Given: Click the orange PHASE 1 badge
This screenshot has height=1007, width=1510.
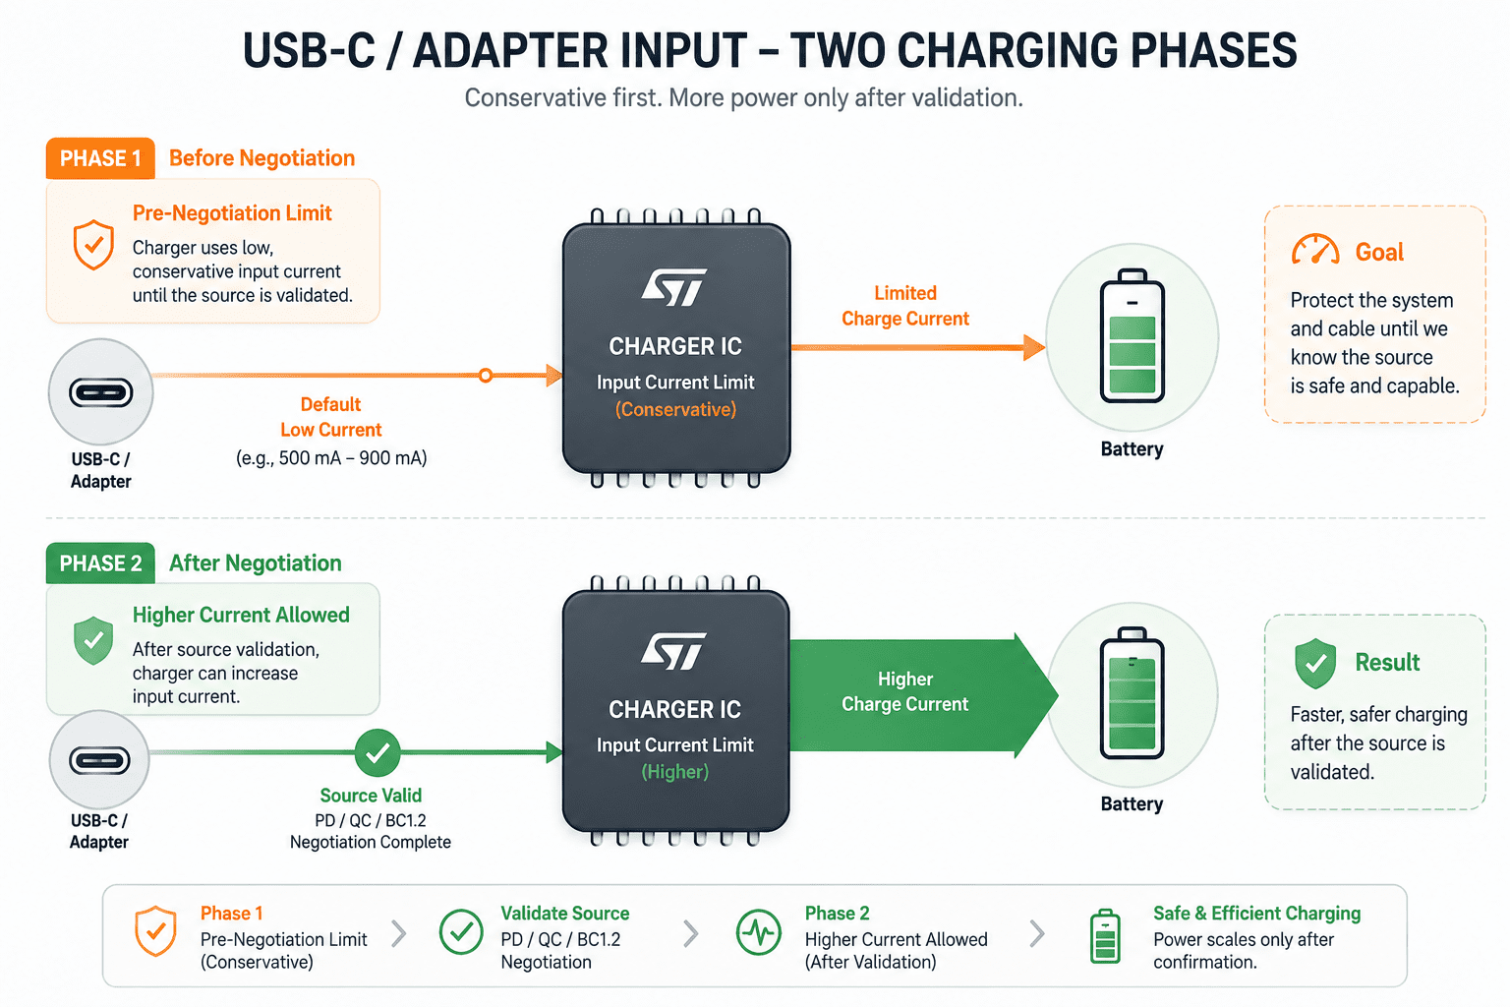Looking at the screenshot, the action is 100,158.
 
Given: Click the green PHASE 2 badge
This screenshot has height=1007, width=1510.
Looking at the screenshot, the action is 100,563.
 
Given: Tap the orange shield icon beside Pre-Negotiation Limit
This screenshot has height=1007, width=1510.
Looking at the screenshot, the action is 93,244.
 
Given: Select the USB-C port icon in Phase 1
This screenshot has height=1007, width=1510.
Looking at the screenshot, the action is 101,392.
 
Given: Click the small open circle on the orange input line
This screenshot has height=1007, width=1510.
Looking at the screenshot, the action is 486,375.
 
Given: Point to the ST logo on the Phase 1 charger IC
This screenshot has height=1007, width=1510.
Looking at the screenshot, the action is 673,287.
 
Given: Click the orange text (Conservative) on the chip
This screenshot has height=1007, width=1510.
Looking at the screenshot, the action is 675,409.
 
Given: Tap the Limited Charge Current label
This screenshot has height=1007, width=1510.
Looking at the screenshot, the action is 905,306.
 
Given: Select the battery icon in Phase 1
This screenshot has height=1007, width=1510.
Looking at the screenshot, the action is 1132,335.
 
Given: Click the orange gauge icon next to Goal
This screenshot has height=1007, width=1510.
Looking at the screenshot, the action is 1315,249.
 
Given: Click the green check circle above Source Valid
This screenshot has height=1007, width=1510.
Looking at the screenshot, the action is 377,752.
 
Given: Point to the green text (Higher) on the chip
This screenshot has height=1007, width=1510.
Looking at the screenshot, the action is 674,772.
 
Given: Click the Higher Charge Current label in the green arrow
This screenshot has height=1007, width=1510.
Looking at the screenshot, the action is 905,691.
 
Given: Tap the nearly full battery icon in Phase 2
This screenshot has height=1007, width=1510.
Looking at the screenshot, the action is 1132,692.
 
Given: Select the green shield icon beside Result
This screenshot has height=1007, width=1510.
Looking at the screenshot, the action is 1315,664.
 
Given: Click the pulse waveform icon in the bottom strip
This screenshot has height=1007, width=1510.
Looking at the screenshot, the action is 759,933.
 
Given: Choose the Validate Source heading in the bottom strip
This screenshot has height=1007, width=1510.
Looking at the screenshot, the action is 565,914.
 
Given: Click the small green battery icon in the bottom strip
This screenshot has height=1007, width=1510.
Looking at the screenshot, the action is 1106,936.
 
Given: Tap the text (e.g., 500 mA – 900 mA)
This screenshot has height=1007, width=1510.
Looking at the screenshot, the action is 331,458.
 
